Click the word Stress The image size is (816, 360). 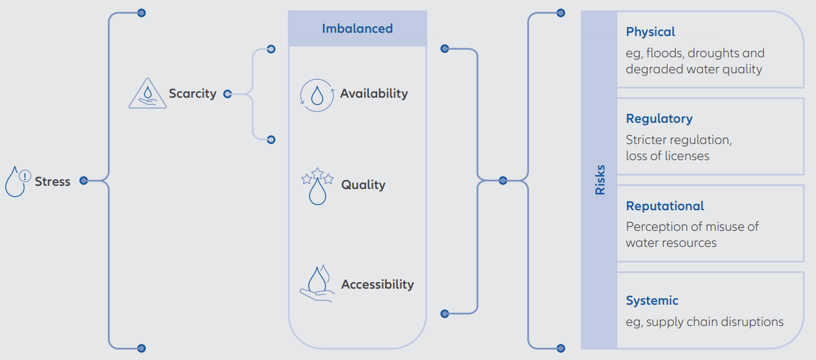click(53, 181)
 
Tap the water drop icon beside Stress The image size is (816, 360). click(17, 181)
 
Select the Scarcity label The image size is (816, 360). click(193, 94)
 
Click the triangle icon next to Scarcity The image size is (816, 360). click(148, 93)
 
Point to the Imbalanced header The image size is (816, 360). click(357, 28)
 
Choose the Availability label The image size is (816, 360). click(374, 94)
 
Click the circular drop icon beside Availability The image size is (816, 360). click(317, 95)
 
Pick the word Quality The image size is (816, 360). click(363, 184)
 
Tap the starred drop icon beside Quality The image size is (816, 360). click(317, 186)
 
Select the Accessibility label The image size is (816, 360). click(377, 284)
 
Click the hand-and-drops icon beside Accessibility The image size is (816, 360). click(317, 283)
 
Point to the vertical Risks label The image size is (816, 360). click(599, 180)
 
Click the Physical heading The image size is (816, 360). click(650, 32)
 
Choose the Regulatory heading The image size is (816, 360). click(659, 119)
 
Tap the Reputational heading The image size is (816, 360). click(665, 206)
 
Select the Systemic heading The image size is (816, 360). click(652, 301)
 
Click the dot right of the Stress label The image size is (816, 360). click(84, 181)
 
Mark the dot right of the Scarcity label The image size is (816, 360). click(227, 94)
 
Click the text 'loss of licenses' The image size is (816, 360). click(668, 156)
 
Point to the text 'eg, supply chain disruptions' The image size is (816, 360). click(705, 322)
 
